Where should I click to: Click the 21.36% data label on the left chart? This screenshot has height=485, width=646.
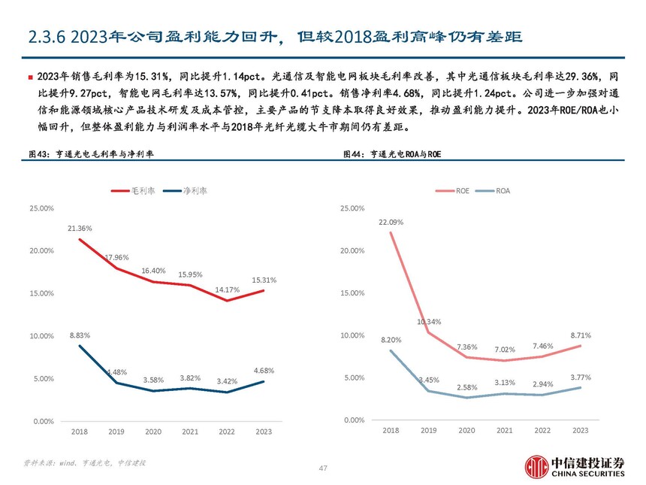(x=80, y=228)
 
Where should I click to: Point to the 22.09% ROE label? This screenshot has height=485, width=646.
(x=391, y=222)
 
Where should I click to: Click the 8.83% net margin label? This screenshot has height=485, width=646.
(x=80, y=334)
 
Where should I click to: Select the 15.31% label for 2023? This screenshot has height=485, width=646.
(x=264, y=280)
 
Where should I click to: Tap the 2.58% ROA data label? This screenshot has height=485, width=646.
(x=466, y=386)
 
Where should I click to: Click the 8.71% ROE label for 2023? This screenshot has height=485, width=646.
(x=581, y=335)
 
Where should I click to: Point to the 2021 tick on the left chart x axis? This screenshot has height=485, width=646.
(x=190, y=432)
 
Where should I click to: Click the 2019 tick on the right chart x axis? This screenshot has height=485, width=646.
(x=428, y=430)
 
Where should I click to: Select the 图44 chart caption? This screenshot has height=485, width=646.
(x=391, y=153)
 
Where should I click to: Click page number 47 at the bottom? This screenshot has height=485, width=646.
(x=323, y=468)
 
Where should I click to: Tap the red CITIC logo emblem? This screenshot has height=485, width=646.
(x=537, y=465)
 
